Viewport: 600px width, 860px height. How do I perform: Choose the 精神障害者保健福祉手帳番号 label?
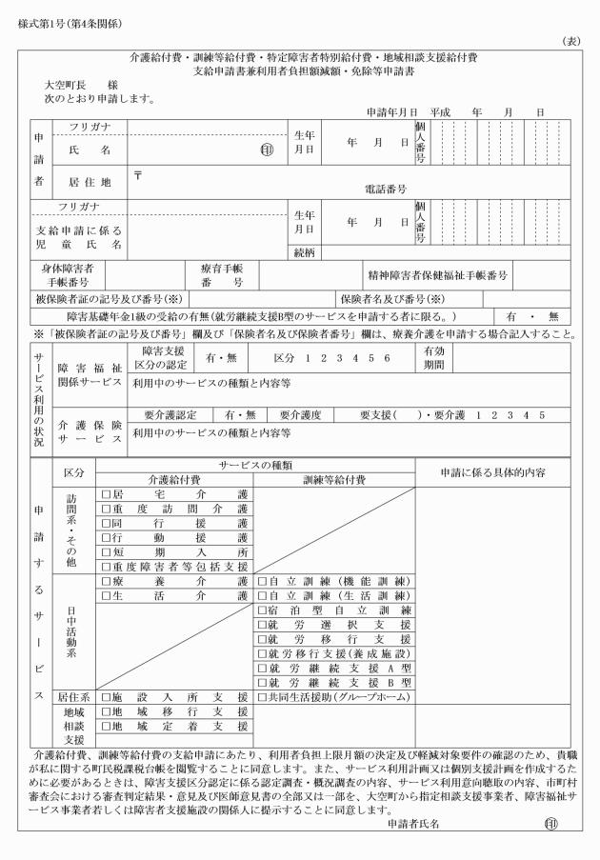tap(438, 276)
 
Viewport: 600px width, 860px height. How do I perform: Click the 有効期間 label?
tap(433, 358)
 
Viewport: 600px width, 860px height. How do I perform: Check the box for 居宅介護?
tap(107, 494)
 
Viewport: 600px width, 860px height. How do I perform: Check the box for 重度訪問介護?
tap(107, 510)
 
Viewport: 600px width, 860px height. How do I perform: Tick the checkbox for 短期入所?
tap(107, 553)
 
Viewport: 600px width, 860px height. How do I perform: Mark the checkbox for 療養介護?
tap(107, 582)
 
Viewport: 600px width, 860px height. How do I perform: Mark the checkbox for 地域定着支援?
tap(107, 727)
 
